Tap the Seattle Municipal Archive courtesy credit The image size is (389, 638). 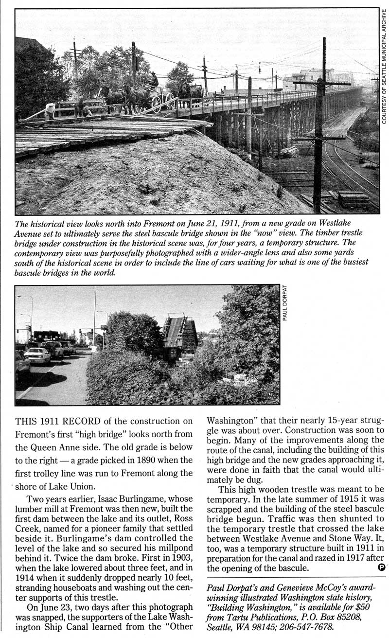point(384,66)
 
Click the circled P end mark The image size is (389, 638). point(382,567)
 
